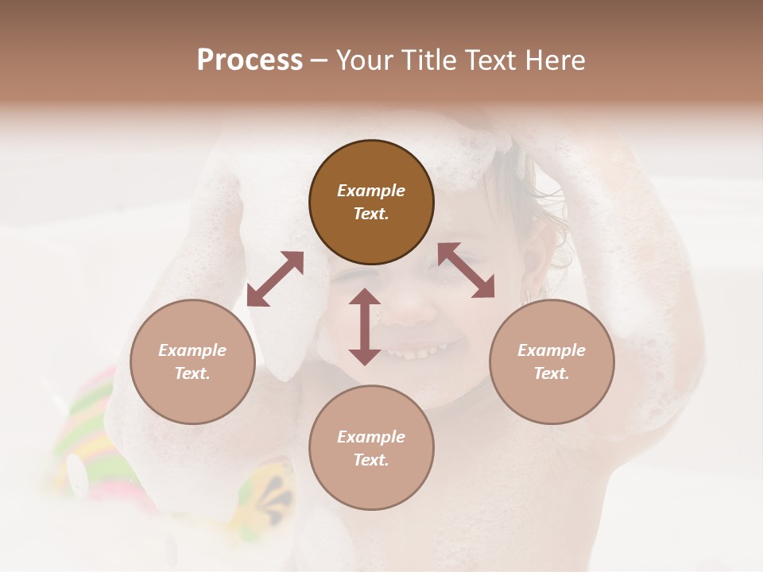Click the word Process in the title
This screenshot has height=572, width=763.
pyautogui.click(x=250, y=60)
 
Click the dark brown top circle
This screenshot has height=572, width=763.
pyautogui.click(x=371, y=202)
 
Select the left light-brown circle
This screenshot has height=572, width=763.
pyautogui.click(x=192, y=361)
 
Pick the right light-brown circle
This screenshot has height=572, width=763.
pyautogui.click(x=552, y=361)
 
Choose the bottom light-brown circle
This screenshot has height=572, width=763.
pyautogui.click(x=371, y=448)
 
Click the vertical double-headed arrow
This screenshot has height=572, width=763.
pyautogui.click(x=365, y=327)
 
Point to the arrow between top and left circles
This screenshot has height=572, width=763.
pyautogui.click(x=275, y=279)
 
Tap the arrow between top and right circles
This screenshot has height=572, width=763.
pyautogui.click(x=466, y=270)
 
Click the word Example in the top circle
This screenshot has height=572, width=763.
pyautogui.click(x=371, y=191)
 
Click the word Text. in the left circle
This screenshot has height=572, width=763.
pyautogui.click(x=192, y=373)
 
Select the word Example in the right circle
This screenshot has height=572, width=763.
pyautogui.click(x=552, y=350)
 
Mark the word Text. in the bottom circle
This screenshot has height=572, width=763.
pyautogui.click(x=371, y=460)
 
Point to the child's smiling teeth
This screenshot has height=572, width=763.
pyautogui.click(x=425, y=350)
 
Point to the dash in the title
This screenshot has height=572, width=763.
pyautogui.click(x=320, y=60)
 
